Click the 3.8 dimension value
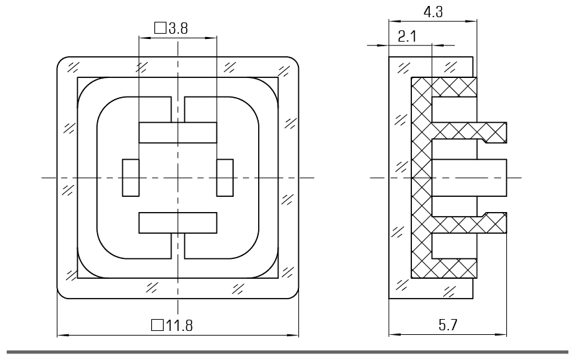(178, 28)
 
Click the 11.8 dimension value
(179, 325)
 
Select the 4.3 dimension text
(433, 12)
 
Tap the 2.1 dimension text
(407, 36)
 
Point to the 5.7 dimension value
(448, 325)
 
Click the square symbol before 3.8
(160, 28)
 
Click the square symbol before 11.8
(158, 325)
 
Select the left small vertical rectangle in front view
(131, 178)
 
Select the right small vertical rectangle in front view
(224, 178)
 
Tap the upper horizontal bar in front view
(178, 133)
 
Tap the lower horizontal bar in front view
(178, 223)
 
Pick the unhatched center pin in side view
(469, 178)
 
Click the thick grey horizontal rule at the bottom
(287, 352)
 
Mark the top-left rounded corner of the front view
(61, 61)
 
